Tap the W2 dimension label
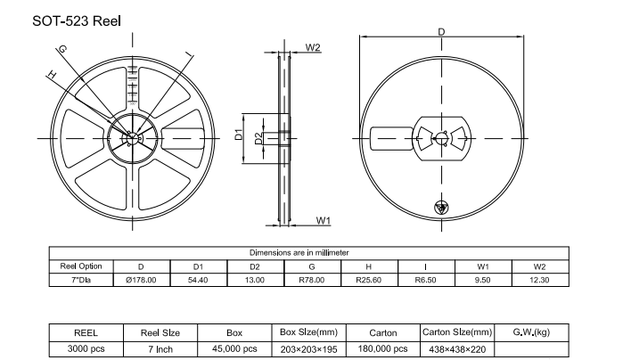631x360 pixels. point(313,46)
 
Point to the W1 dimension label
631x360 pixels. point(324,219)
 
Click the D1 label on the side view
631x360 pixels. point(239,135)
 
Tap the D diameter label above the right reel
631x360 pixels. point(441,33)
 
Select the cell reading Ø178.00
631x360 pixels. point(142,280)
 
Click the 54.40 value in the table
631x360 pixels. point(199,280)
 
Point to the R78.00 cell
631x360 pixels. point(311,280)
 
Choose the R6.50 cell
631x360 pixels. point(426,280)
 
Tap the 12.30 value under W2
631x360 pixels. point(539,280)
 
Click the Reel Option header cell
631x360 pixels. point(81,266)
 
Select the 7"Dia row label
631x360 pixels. point(81,280)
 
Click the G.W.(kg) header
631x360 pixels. point(533,331)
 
